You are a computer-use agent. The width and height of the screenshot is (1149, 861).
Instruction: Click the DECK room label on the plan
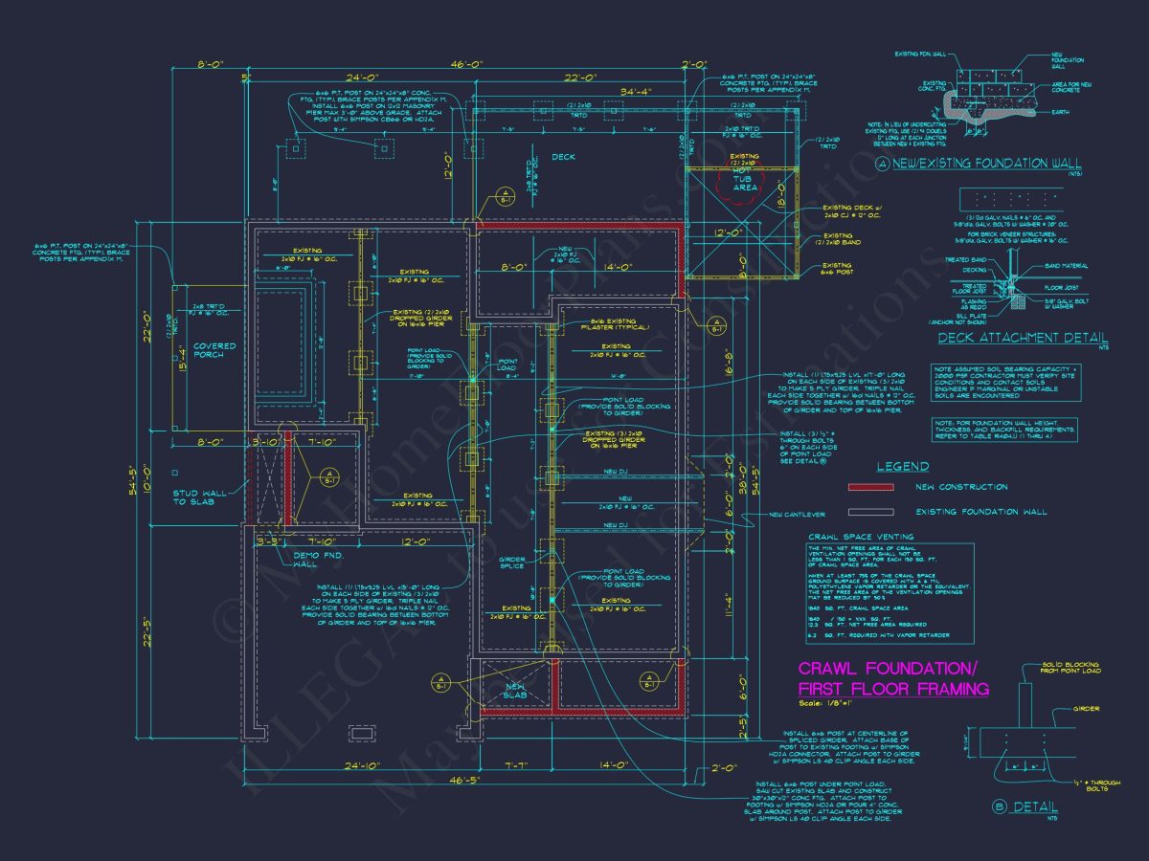coord(563,158)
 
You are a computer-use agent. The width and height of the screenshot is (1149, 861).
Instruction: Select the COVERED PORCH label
coord(208,350)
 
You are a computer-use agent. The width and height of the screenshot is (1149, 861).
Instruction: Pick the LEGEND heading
coord(903,467)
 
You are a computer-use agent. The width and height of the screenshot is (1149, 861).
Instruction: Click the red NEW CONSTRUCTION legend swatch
coord(870,488)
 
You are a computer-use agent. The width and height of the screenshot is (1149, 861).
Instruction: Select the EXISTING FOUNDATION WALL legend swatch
coord(870,512)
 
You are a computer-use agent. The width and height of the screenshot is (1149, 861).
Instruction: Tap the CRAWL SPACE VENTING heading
coord(861,537)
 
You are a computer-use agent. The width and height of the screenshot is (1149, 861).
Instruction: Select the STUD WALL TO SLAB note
coord(200,498)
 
